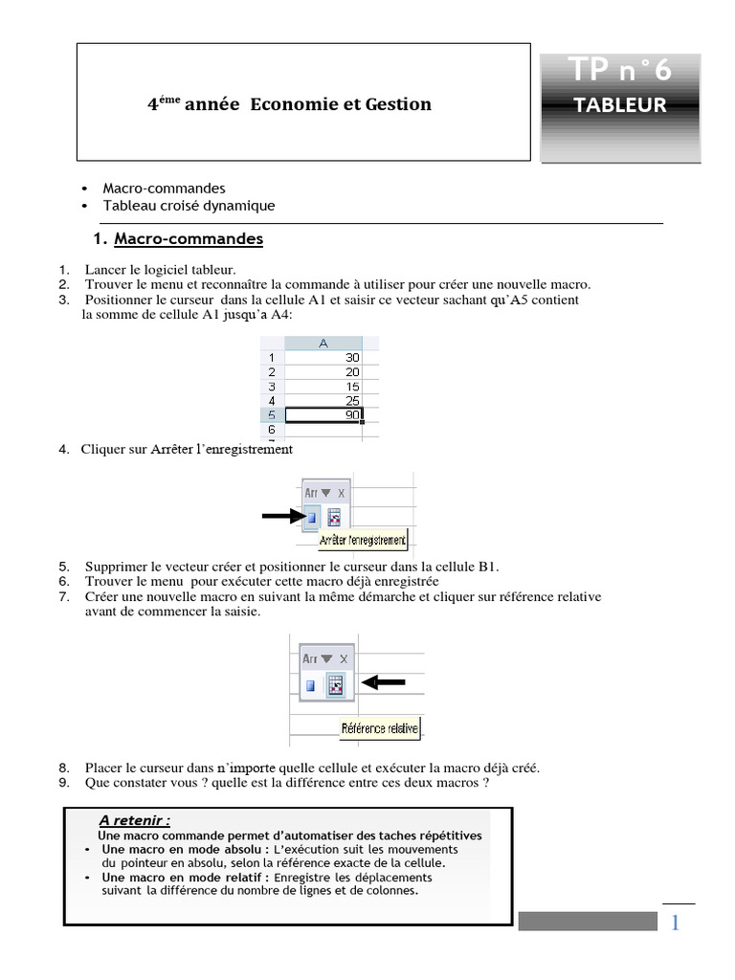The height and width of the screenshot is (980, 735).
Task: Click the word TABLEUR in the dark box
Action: click(x=619, y=105)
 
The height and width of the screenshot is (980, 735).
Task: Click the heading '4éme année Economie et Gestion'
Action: click(x=289, y=103)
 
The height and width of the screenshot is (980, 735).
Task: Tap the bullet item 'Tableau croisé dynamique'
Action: click(x=189, y=206)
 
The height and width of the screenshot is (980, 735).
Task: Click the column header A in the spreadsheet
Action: click(x=323, y=343)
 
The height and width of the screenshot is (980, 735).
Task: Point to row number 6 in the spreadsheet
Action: click(x=272, y=430)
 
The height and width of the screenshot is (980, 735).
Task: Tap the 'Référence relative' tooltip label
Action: click(x=380, y=728)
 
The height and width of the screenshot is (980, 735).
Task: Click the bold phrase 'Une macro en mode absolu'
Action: click(x=185, y=849)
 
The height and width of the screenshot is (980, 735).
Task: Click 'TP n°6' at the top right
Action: click(x=619, y=70)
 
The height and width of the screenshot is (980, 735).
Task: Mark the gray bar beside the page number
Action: click(x=588, y=921)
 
